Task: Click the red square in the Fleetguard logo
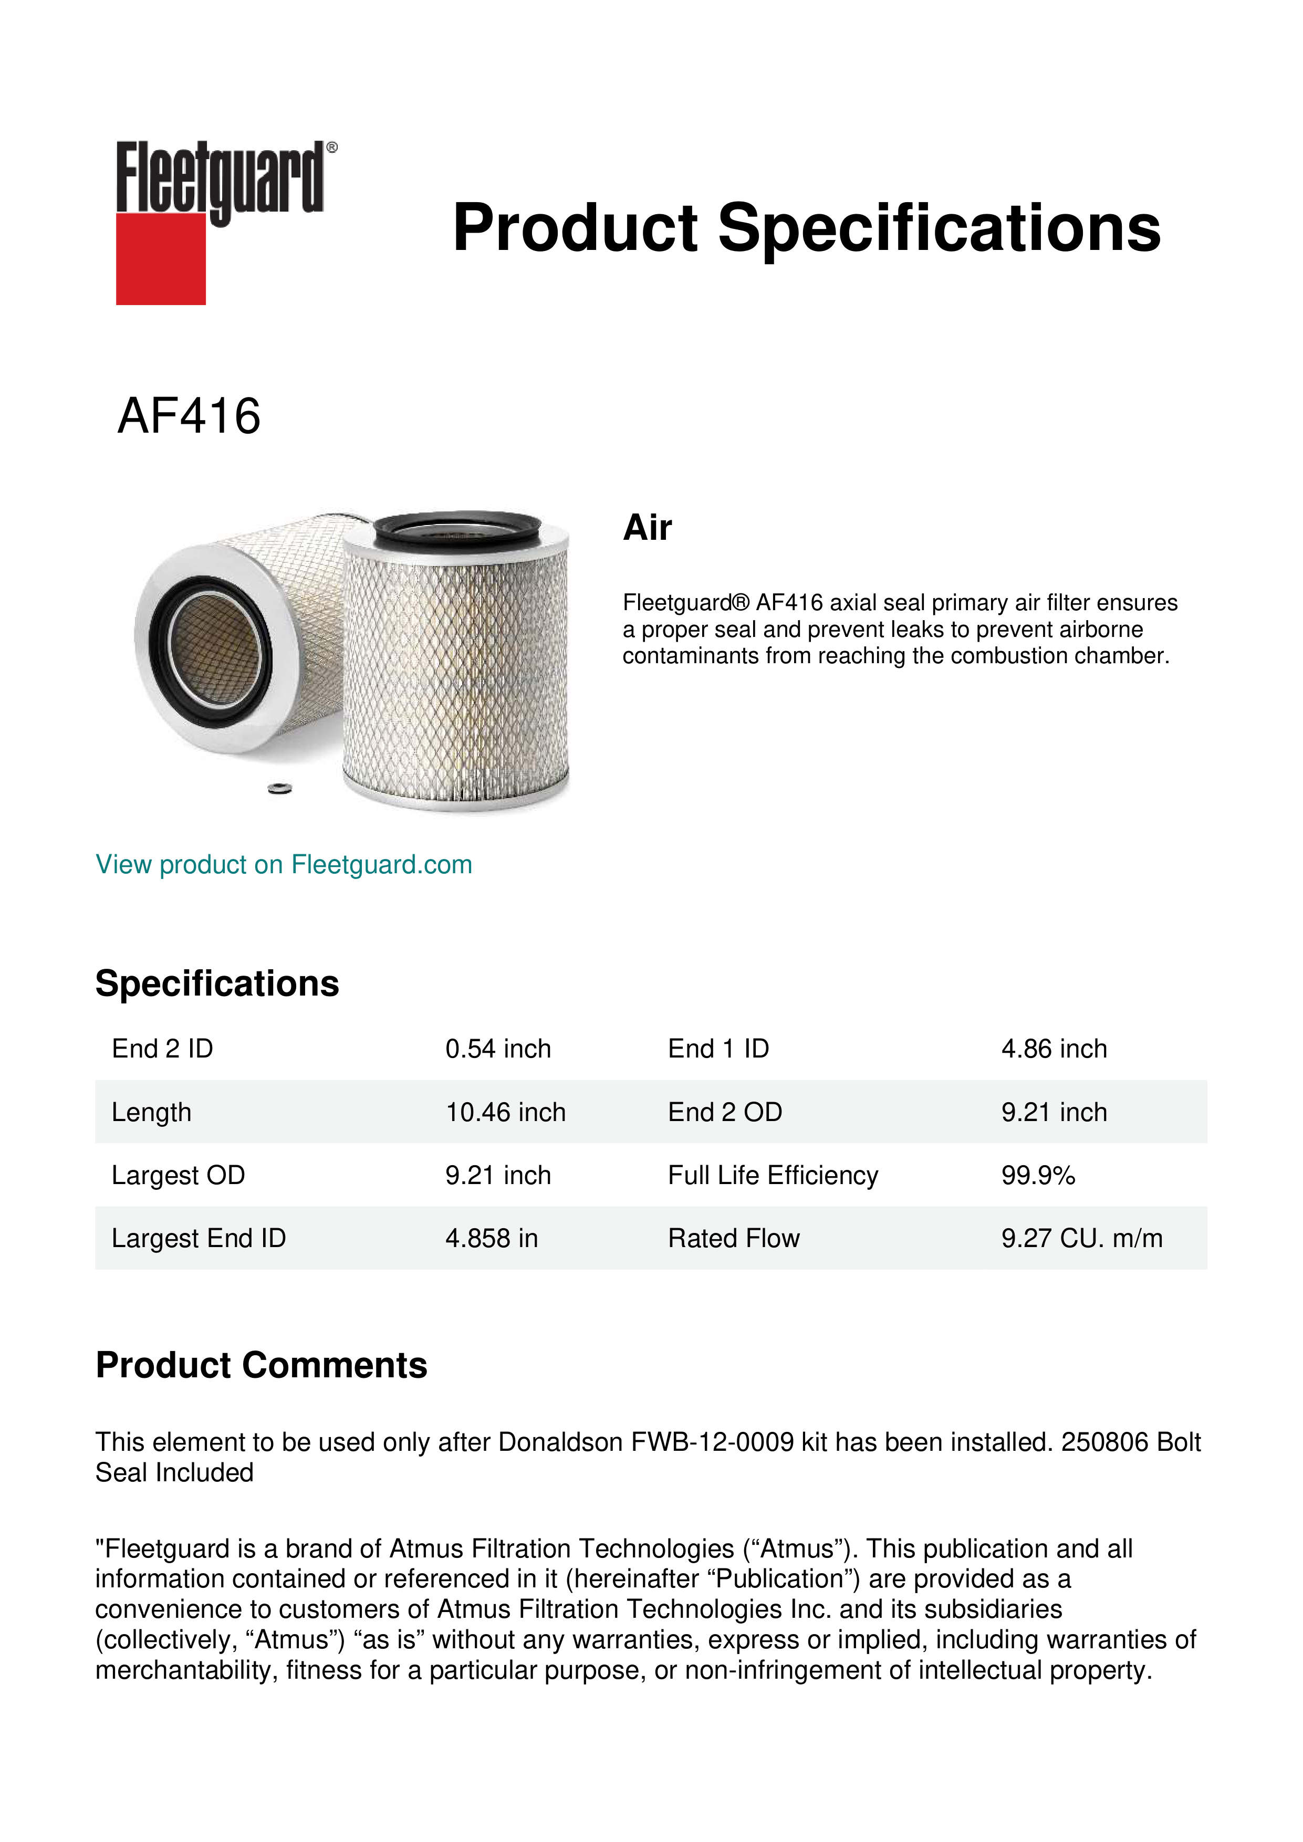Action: click(161, 258)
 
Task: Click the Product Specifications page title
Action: click(806, 228)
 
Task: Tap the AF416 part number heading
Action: click(190, 416)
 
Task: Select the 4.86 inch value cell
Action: click(1054, 1049)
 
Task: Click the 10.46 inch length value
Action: click(505, 1112)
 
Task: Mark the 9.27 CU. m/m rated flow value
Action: click(1081, 1239)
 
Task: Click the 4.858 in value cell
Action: click(491, 1239)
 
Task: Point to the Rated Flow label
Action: click(733, 1239)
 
